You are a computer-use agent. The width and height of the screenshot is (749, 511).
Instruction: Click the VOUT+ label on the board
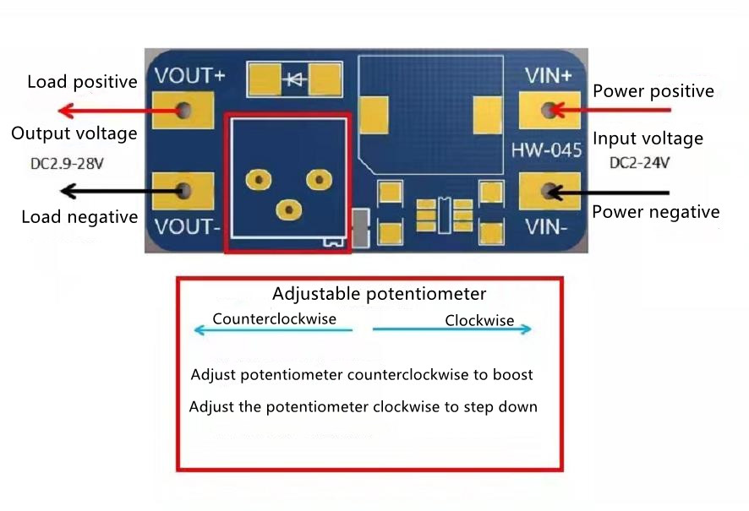pyautogui.click(x=189, y=75)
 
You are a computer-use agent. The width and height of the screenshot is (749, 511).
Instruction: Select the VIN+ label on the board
pyautogui.click(x=548, y=75)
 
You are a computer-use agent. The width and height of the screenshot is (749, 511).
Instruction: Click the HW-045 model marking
pyautogui.click(x=546, y=151)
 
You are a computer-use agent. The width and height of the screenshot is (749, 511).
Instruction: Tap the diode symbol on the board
pyautogui.click(x=296, y=80)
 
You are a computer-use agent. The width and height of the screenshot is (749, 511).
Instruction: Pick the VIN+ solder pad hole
pyautogui.click(x=552, y=110)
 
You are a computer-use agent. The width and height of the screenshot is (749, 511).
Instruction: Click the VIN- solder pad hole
pyautogui.click(x=552, y=191)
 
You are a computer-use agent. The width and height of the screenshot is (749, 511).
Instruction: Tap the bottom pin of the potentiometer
pyautogui.click(x=289, y=208)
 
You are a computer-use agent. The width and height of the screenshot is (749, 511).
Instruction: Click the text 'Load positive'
pyautogui.click(x=82, y=82)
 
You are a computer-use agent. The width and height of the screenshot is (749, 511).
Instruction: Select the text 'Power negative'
pyautogui.click(x=655, y=212)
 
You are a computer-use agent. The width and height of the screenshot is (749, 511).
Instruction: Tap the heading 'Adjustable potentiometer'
pyautogui.click(x=379, y=294)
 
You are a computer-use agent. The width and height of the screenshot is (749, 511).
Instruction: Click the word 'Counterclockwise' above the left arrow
pyautogui.click(x=274, y=319)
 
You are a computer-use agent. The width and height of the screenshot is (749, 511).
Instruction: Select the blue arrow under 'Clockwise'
pyautogui.click(x=452, y=329)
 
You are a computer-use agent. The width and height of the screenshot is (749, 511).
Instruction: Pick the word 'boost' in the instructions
pyautogui.click(x=511, y=374)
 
